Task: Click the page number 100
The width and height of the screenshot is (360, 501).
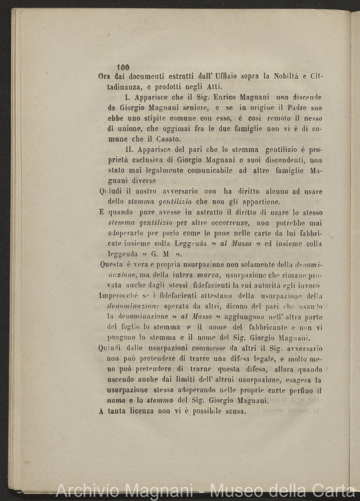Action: (x=123, y=67)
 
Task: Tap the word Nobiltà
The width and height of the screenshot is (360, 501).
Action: (x=288, y=77)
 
